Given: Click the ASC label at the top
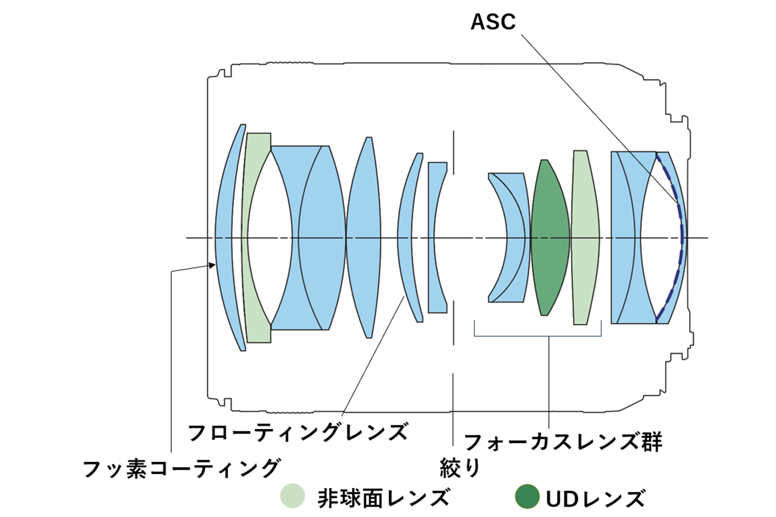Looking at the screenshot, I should click(x=493, y=22).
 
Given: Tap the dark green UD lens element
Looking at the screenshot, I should click(x=550, y=237).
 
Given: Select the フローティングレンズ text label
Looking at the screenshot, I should click(x=297, y=432).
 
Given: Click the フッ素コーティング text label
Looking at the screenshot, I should click(x=182, y=468).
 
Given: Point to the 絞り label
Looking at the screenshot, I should click(x=459, y=467).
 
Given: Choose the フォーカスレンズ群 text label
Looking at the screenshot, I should click(x=563, y=442).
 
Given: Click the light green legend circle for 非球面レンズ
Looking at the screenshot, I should click(x=293, y=496).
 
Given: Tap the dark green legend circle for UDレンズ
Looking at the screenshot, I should click(x=526, y=497).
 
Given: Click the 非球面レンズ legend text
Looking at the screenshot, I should click(x=383, y=498).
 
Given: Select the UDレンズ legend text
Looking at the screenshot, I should click(x=595, y=499).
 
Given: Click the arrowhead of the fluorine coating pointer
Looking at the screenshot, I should click(x=212, y=264).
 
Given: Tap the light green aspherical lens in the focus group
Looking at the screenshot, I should click(x=586, y=237).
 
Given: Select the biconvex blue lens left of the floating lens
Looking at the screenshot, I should click(x=364, y=237).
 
